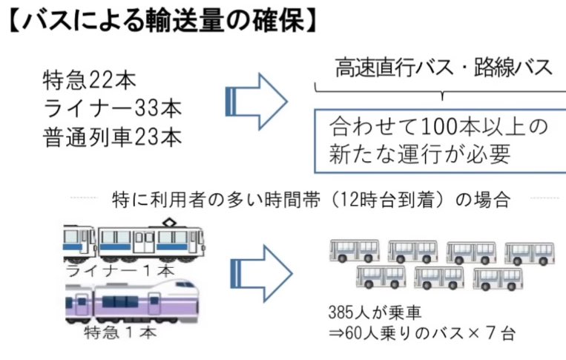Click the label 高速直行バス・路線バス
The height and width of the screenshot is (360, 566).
[x=442, y=69]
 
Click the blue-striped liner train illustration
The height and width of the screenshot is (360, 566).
[x=134, y=240]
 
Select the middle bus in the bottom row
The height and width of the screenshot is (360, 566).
[x=438, y=278]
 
